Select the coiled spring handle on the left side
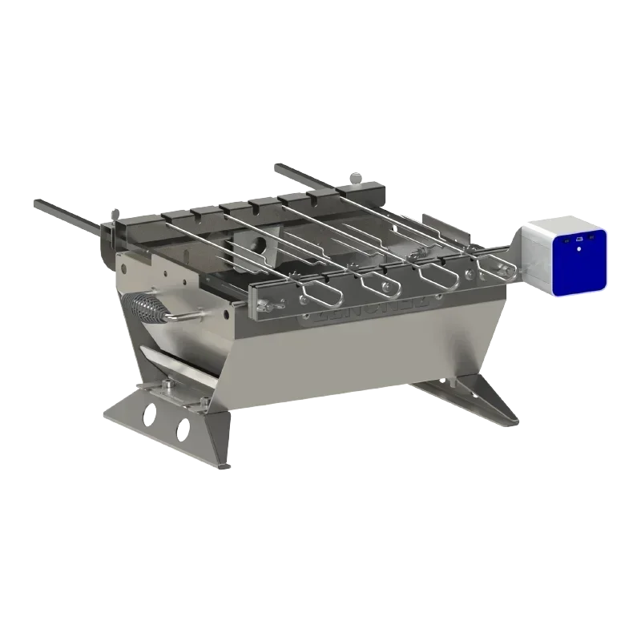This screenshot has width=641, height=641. (145, 308)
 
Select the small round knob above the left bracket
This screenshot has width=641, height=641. (117, 212)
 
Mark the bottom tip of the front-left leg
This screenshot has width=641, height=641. (224, 463)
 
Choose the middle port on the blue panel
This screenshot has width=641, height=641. (579, 238)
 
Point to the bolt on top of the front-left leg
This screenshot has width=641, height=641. (167, 388)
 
